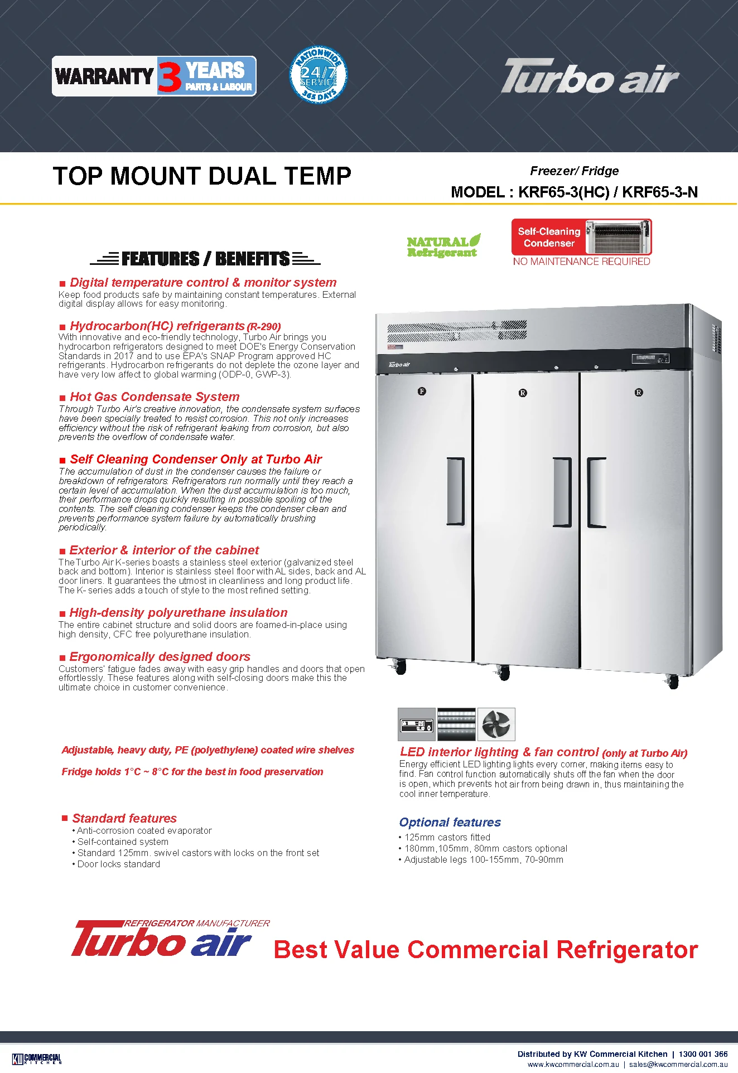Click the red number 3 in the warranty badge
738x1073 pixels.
pos(169,76)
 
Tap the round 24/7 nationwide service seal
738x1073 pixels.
pos(319,75)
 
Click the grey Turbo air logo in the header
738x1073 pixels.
pos(589,76)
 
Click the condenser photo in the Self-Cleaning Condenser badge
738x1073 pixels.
pos(617,237)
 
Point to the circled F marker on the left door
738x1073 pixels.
pos(422,391)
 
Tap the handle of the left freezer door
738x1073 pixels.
pos(456,491)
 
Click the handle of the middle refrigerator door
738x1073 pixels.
pos(562,492)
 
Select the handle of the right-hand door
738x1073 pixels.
pos(596,492)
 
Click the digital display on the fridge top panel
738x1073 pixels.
pos(650,359)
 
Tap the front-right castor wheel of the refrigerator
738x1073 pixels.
pos(673,681)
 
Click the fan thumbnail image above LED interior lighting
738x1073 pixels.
pos(496,724)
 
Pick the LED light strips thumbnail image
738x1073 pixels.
pos(456,724)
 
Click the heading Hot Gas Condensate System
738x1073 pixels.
pos(155,397)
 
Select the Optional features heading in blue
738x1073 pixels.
pos(450,822)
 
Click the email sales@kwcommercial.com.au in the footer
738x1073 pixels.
pos(678,1064)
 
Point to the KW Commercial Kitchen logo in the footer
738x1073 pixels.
pos(37,1058)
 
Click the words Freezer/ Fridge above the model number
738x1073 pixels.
pos(574,171)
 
